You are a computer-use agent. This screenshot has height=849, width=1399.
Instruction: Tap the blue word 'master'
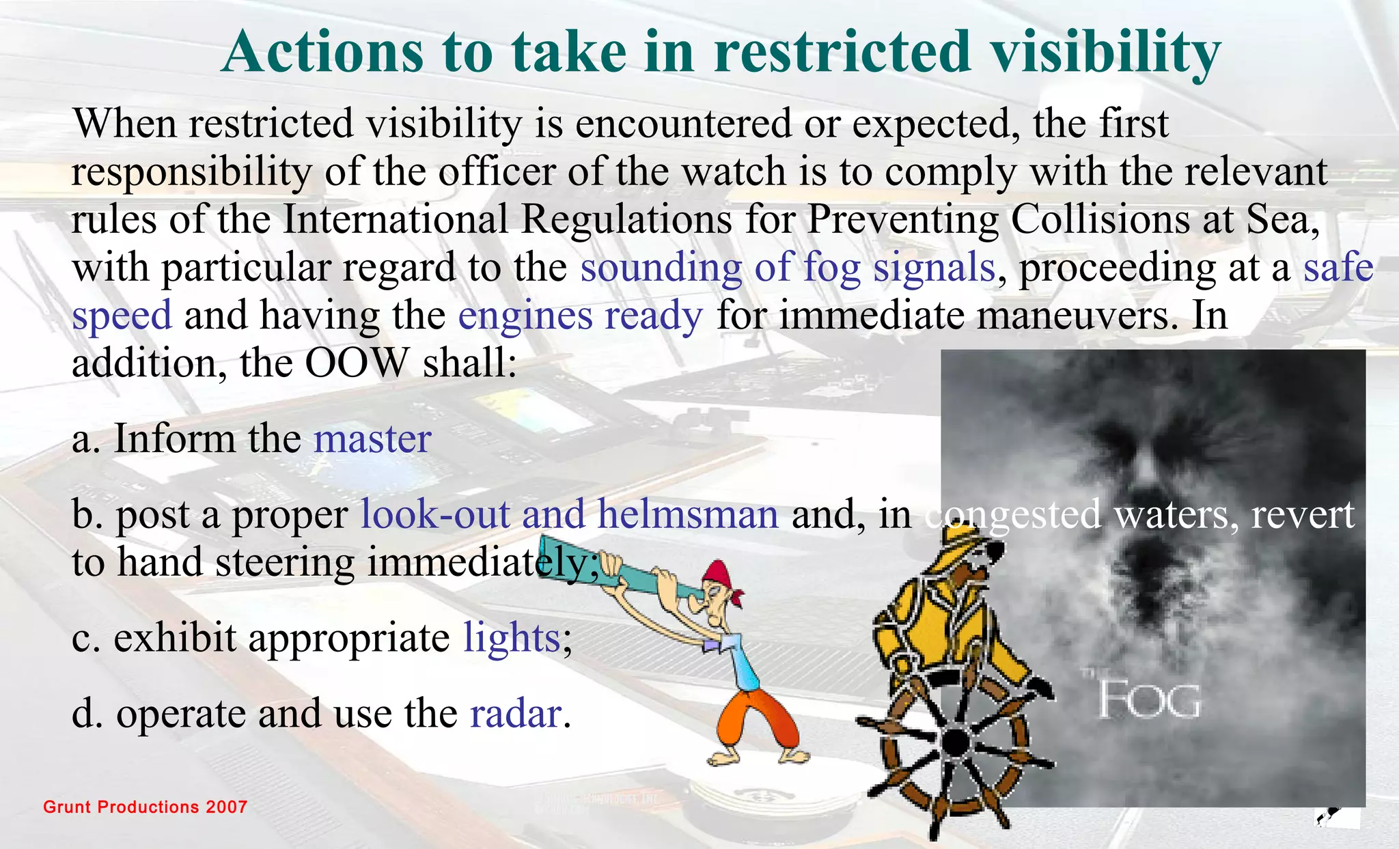[x=372, y=439]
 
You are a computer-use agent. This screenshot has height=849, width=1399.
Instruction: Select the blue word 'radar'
[x=516, y=714]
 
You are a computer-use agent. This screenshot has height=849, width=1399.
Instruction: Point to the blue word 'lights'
[x=512, y=639]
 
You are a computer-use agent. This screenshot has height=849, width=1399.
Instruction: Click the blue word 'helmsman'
[x=688, y=514]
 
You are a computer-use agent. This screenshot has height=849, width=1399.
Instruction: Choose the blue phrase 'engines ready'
[x=580, y=316]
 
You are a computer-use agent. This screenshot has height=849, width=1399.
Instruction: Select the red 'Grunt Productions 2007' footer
[x=145, y=807]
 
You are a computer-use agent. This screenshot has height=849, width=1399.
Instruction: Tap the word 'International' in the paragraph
[x=396, y=220]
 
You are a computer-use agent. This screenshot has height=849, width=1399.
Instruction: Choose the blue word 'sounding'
[x=661, y=268]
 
